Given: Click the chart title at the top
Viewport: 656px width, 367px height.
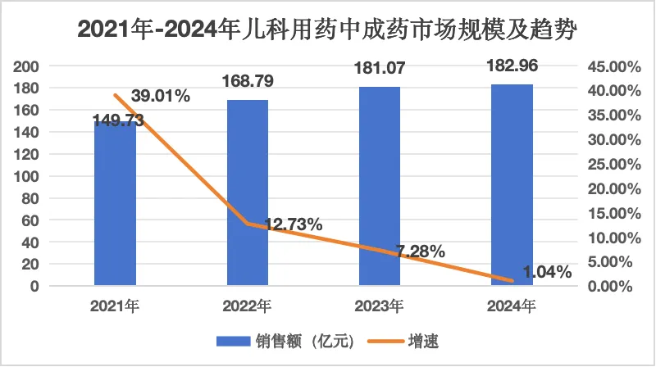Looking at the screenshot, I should [328, 31].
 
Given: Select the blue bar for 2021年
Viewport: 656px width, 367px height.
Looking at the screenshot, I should [115, 205].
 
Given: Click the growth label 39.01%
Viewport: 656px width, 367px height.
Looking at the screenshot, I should [162, 97].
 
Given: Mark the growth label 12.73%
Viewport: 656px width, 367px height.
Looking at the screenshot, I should [293, 224].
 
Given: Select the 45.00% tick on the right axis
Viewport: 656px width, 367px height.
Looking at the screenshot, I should [608, 66].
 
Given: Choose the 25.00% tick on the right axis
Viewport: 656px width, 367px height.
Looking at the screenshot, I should [608, 164].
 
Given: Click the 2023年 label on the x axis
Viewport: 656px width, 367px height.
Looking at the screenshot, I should [380, 307].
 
